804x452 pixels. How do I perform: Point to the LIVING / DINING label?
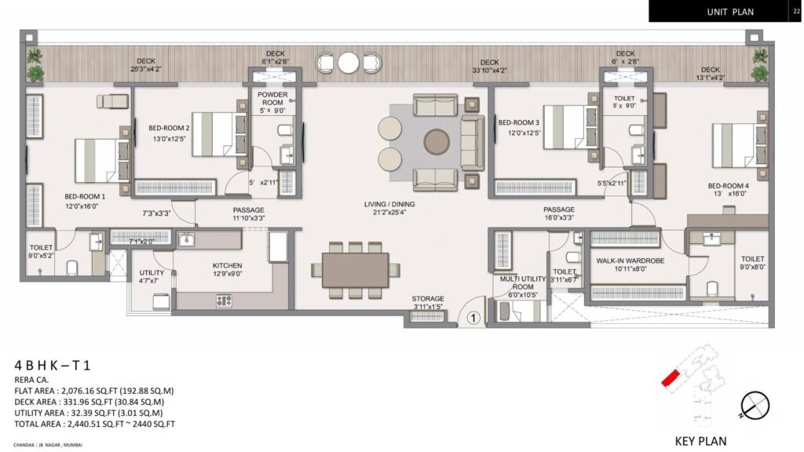pos(389,204)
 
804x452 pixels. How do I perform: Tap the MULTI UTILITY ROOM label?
pos(515,282)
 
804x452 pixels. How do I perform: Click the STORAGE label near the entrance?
pos(428,298)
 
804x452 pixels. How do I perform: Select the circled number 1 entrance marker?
pos(473,318)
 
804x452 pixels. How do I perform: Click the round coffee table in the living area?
pos(436,142)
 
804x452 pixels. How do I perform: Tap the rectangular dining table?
pos(354,270)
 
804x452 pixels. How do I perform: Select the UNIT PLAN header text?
pos(729,12)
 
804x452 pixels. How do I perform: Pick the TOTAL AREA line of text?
pos(94,424)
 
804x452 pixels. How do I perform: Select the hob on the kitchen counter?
pos(224,300)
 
